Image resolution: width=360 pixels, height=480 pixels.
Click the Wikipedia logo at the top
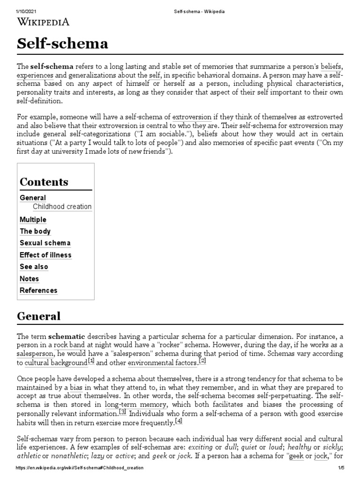pos(43,22)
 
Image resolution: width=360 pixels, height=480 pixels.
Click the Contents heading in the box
pos(44,182)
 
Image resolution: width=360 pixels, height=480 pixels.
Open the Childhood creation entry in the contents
pos(62,207)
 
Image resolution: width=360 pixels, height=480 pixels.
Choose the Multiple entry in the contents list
pos(33,219)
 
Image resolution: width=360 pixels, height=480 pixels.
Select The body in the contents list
pos(35,231)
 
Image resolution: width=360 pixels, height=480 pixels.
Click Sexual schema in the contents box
pos(45,243)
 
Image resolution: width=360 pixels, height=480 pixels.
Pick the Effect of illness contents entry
pos(45,255)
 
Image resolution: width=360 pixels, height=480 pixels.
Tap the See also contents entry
pos(34,267)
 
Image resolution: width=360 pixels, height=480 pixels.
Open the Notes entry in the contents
pos(30,278)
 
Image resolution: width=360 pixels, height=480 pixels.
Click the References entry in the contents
pos(38,291)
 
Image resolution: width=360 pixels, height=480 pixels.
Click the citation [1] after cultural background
pos(91,361)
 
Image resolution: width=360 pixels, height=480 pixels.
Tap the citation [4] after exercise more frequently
pos(178,422)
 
